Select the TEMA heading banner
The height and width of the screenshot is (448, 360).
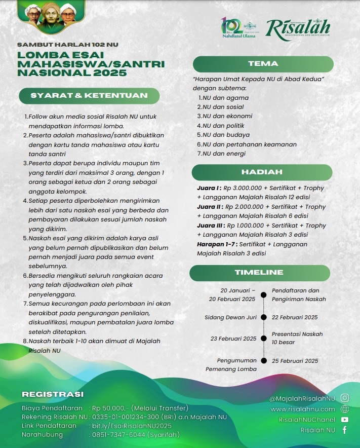pos(263,64)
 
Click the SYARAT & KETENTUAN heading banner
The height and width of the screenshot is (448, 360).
pos(89,95)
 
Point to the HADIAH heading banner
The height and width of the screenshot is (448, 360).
pos(262,172)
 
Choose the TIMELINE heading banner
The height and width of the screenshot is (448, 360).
pos(262,273)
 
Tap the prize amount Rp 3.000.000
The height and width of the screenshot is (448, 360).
pos(248,188)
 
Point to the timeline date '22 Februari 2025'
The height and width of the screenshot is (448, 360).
pos(295,317)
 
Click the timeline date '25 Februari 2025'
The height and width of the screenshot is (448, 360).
pos(295,361)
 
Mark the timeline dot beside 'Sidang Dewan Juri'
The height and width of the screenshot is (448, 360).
pos(263,317)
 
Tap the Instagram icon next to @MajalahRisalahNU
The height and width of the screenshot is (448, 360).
pos(345,398)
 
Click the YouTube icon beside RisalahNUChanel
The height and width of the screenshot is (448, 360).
pos(345,420)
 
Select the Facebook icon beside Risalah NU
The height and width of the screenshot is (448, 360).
pos(345,430)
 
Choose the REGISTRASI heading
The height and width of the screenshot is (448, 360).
pos(53,394)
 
